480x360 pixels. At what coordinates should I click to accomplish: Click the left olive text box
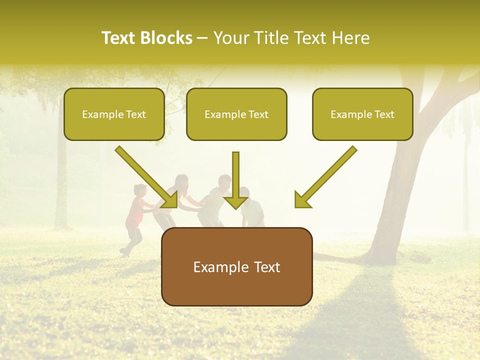tap(114, 114)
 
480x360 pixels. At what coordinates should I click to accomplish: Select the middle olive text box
tap(236, 114)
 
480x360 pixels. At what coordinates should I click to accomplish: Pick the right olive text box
tap(362, 114)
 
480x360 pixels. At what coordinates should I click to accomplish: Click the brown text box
tap(236, 266)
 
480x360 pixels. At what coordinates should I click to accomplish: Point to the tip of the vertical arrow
tap(235, 208)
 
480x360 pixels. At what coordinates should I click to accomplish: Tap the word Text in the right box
tap(384, 114)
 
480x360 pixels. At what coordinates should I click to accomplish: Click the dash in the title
tap(202, 38)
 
